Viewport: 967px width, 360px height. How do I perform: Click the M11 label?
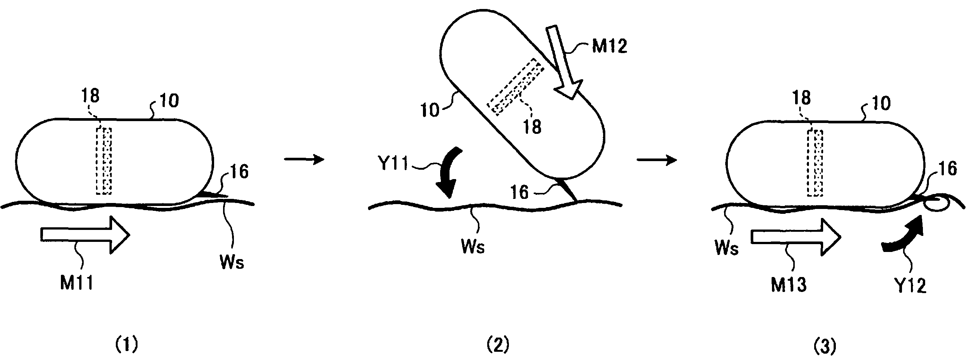[77, 283]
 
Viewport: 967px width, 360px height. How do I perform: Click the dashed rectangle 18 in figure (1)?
[104, 161]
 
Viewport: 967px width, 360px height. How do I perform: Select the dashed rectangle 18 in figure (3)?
[815, 163]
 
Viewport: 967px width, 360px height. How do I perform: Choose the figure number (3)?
[825, 346]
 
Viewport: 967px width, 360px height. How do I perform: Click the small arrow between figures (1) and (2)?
[304, 160]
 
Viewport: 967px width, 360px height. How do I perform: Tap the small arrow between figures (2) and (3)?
[657, 160]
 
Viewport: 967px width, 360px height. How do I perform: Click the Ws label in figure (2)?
[473, 247]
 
